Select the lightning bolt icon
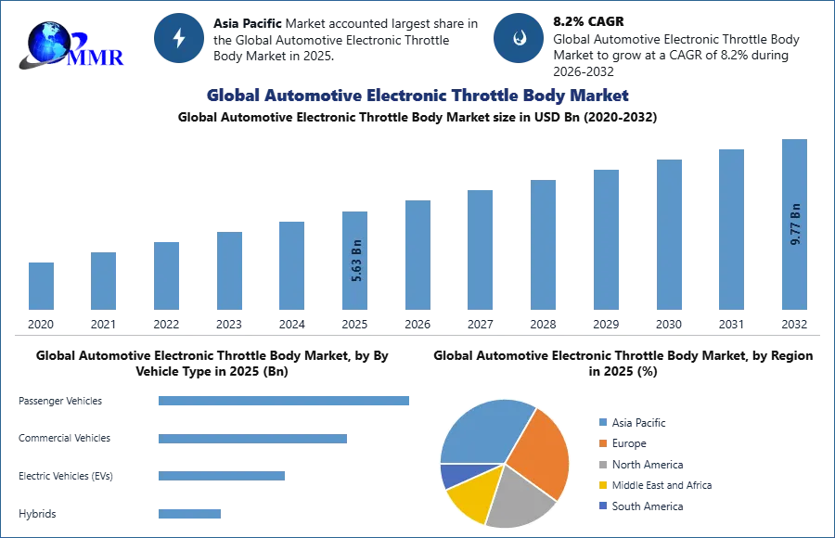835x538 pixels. coord(179,38)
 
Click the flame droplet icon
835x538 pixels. coord(519,38)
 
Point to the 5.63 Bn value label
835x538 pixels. coord(356,263)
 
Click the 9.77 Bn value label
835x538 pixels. coord(795,224)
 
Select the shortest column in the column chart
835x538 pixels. coord(41,286)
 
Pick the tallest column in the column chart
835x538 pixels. coord(794,269)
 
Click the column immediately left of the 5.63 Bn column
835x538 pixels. coord(289,264)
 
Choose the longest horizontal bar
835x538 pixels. coord(285,401)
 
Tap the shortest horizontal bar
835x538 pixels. coord(189,512)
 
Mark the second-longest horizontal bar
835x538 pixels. coord(252,438)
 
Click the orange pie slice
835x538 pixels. coord(539,450)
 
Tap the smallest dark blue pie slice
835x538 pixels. coord(454,476)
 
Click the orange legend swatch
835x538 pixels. coord(601,445)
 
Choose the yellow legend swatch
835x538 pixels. coord(601,484)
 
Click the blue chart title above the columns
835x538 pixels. coord(417,96)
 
